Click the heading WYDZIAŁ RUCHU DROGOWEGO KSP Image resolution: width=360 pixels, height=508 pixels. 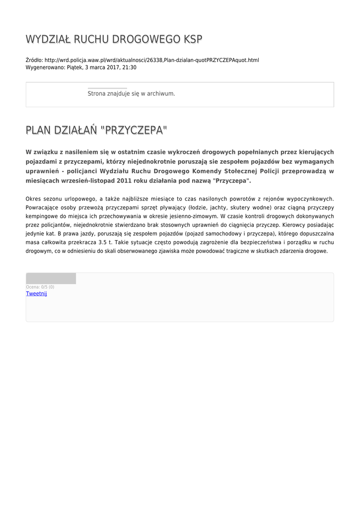(114, 40)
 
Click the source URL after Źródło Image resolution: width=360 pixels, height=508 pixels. (151, 60)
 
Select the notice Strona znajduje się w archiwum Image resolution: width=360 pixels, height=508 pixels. (131, 93)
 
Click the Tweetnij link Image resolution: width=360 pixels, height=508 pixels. (36, 294)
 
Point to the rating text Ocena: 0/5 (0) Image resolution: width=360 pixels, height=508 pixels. (40, 287)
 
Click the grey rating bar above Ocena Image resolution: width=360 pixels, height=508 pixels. (51, 278)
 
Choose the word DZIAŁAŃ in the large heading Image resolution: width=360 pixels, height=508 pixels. (74, 130)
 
